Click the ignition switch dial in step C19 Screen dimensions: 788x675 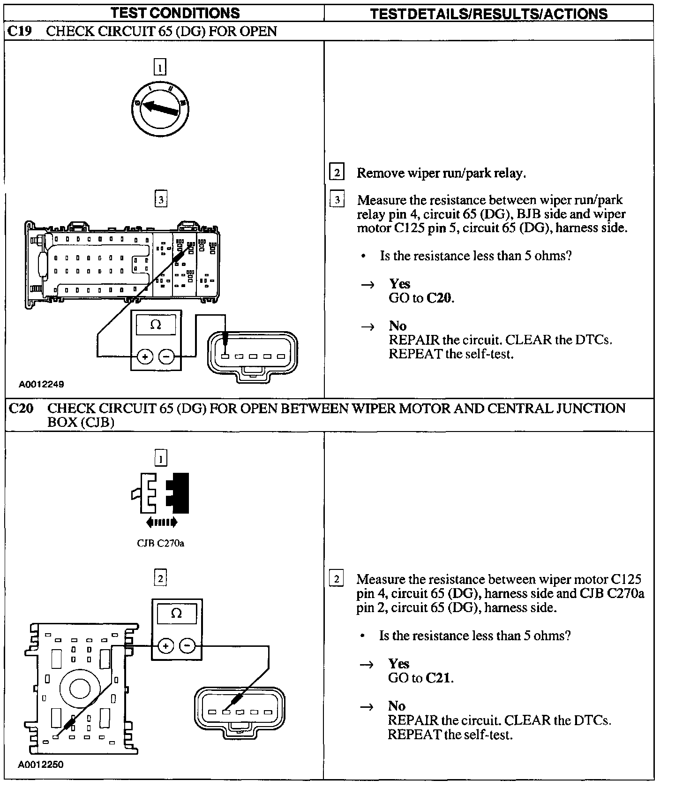[160, 109]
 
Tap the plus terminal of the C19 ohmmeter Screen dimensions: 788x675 [145, 357]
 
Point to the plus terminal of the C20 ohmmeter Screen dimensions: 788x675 [165, 646]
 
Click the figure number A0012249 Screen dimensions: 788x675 [41, 384]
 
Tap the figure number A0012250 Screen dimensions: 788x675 [41, 765]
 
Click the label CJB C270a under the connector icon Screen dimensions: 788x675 [160, 544]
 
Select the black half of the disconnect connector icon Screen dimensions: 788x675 [179, 493]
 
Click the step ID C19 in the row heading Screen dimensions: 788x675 [21, 31]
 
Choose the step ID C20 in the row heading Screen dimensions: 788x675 [22, 409]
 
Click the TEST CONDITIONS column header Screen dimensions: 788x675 [175, 13]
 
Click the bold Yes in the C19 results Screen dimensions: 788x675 [399, 284]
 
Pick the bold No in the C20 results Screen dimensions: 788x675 [397, 706]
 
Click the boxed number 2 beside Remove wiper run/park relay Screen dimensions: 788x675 [337, 173]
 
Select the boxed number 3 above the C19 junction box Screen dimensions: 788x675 [161, 200]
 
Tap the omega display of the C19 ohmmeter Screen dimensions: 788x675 [156, 325]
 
